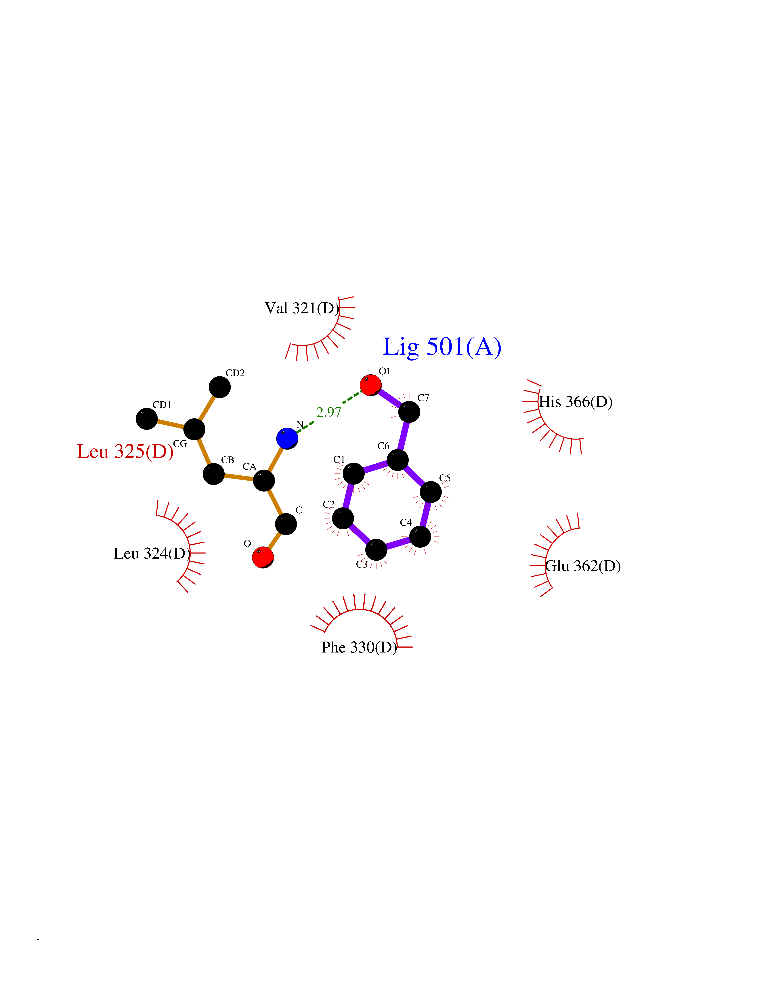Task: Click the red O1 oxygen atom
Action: point(370,385)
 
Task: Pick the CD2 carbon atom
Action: point(220,387)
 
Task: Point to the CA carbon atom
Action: point(264,480)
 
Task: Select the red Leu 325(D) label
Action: point(125,452)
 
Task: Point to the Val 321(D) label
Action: point(302,308)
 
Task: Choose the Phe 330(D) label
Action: point(359,647)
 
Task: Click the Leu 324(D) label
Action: point(152,553)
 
